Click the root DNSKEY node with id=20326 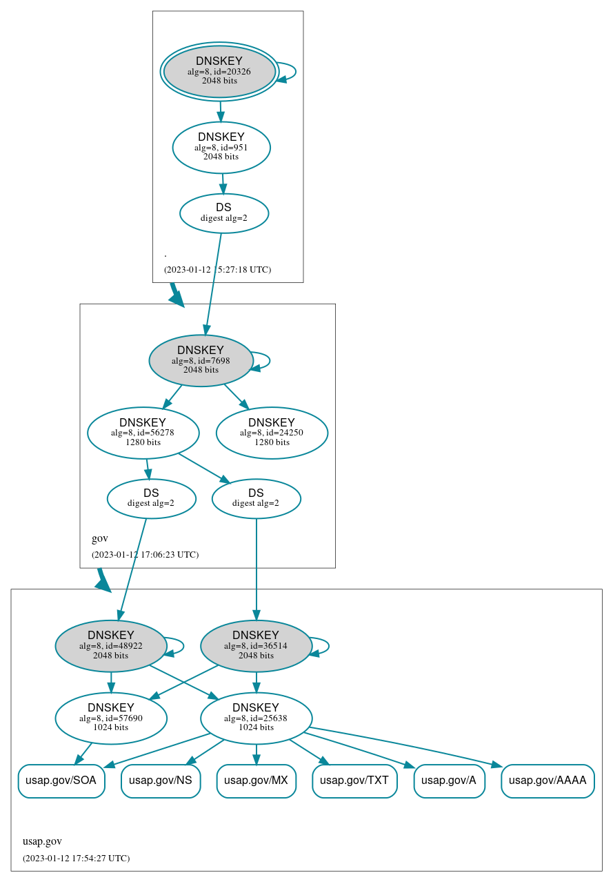219,70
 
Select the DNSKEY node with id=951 221,147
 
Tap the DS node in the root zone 223,213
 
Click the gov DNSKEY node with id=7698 201,360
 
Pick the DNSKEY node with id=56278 143,433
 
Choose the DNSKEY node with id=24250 272,433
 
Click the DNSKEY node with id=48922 110,646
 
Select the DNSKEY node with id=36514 256,646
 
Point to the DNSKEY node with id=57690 110,718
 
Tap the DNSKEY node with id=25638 256,718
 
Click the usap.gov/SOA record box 61,781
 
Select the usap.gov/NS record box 161,781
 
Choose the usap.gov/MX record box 256,781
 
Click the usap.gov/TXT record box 354,781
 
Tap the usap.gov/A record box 449,781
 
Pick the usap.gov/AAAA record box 547,781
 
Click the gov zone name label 100,538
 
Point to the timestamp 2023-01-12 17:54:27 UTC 76,858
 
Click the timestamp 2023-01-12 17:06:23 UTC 145,554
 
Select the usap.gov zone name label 42,841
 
